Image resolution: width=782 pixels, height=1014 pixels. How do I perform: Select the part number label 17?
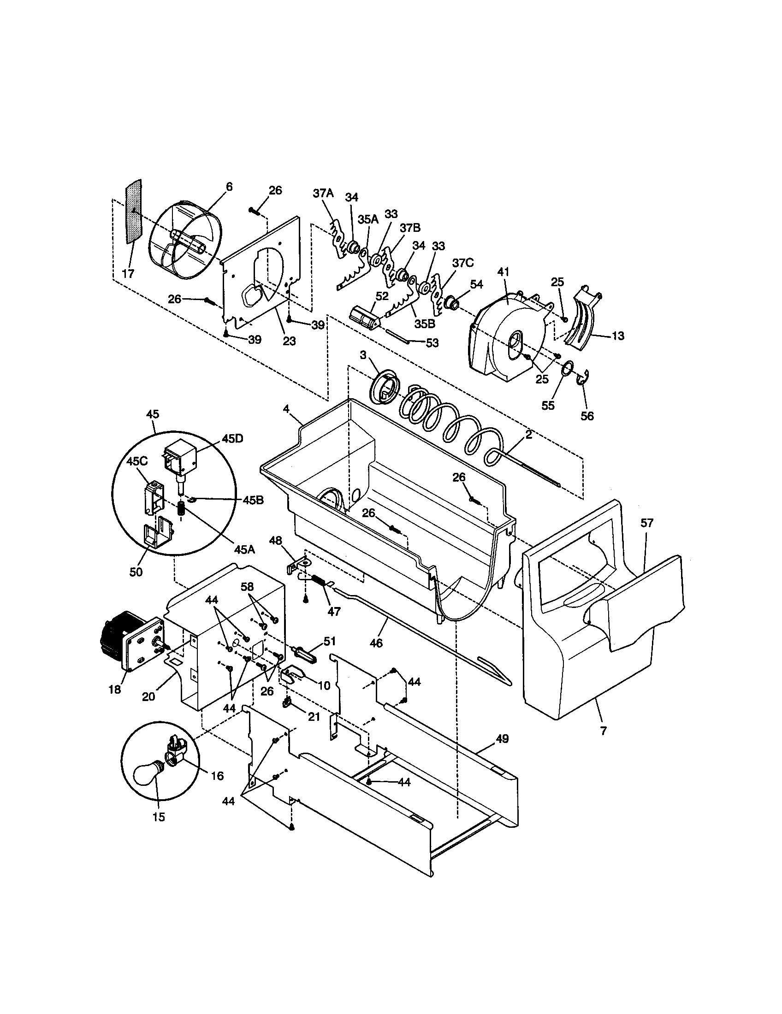(128, 273)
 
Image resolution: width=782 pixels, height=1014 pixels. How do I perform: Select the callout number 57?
(647, 523)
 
